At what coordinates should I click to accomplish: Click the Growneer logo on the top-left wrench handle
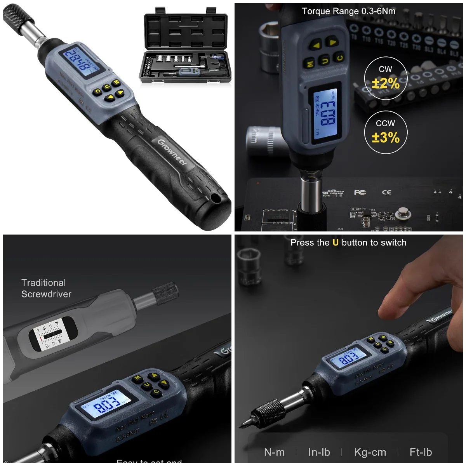pos(172,152)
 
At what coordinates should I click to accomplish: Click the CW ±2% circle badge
pos(385,78)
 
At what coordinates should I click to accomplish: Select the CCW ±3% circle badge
pos(385,132)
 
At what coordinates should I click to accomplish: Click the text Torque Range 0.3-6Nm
pos(348,11)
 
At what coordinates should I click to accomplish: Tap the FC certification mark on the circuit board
pos(360,192)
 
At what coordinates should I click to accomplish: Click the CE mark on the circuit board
pos(386,192)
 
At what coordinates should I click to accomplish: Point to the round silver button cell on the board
pos(403,214)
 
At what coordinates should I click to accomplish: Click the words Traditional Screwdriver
pos(46,289)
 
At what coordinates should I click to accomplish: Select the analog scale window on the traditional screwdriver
pos(50,334)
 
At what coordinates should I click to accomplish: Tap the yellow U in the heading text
pos(336,243)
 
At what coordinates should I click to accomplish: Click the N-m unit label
pos(274,452)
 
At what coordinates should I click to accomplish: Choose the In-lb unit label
pos(319,452)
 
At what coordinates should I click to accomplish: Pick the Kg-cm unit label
pos(370,452)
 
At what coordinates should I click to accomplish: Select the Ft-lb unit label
pos(421,452)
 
